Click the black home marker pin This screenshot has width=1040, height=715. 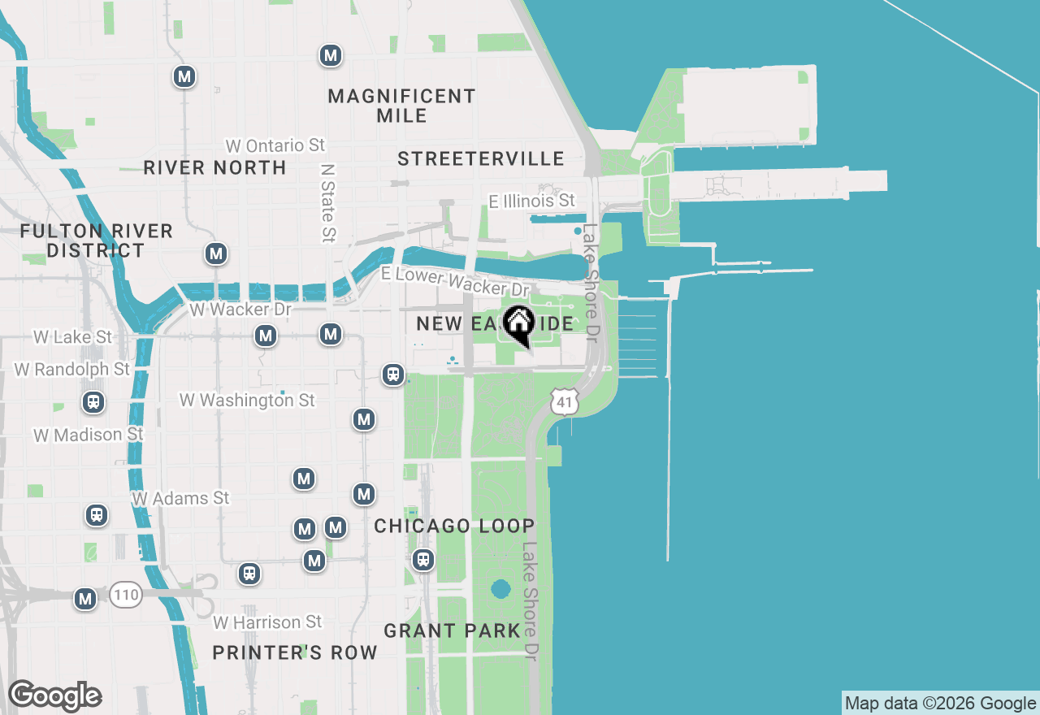[518, 324]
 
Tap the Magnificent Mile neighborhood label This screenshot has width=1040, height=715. [401, 106]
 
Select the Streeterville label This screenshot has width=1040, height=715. [480, 158]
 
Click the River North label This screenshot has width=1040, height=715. [214, 167]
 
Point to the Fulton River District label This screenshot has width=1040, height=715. [96, 240]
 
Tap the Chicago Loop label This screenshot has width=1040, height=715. [454, 526]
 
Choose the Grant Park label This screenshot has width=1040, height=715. [452, 630]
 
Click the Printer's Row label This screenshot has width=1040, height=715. [295, 652]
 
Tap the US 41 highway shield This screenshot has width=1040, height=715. [564, 401]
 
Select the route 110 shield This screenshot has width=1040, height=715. [126, 595]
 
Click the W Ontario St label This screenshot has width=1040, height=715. [275, 145]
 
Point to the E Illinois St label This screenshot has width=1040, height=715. [531, 200]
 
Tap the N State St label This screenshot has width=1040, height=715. [327, 203]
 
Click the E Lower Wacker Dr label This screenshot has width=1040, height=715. [455, 282]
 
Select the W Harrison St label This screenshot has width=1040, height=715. [267, 622]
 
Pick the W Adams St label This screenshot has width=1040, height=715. [180, 497]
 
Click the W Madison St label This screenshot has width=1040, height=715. [89, 435]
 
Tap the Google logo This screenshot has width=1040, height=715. [54, 696]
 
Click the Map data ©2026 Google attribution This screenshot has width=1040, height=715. [940, 704]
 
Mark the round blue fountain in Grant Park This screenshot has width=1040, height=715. [500, 588]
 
